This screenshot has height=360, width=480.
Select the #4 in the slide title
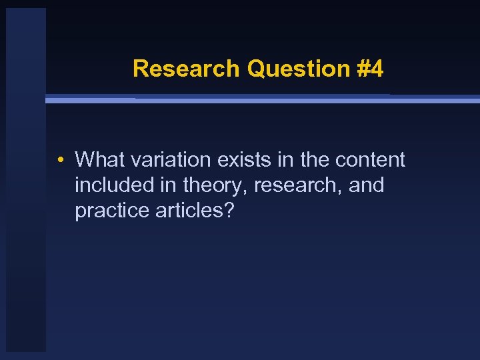[x=369, y=69]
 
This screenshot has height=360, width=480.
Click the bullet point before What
[x=60, y=161]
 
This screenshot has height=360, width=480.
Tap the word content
[x=370, y=160]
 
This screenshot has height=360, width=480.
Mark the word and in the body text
[x=366, y=185]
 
